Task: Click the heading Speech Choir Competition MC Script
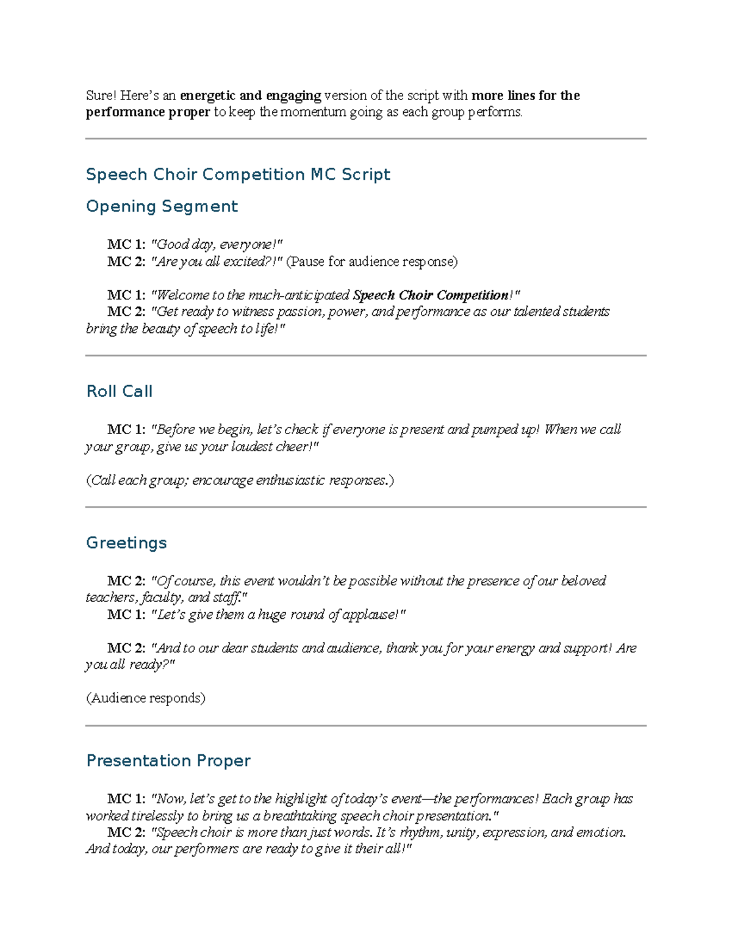point(238,174)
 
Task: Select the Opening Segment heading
point(162,206)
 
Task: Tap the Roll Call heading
point(119,391)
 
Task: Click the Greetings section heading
point(126,543)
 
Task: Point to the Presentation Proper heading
point(168,760)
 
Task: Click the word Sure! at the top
point(101,96)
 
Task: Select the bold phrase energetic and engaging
point(250,96)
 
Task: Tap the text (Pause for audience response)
point(372,262)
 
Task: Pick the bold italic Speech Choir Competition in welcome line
point(431,295)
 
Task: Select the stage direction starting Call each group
point(240,480)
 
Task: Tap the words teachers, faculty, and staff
point(165,598)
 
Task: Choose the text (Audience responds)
point(146,698)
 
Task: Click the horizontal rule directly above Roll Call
point(366,356)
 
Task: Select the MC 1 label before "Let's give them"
point(126,615)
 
